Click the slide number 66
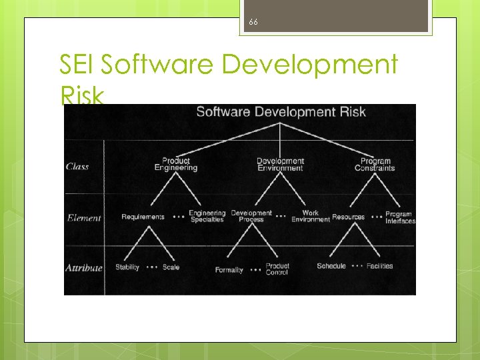pos(253,22)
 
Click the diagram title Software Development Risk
pos(281,111)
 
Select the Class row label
pos(77,167)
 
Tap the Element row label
pos(84,218)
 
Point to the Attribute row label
pos(84,268)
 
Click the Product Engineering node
pos(176,165)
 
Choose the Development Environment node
pos(281,165)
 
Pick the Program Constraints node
pos(375,165)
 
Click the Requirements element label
pos(143,217)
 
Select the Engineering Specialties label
pos(207,217)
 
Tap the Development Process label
pos(251,217)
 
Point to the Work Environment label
pos(311,217)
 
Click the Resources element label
pos(348,217)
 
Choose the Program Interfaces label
pos(399,218)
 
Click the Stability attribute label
pos(127,267)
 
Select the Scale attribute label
pos(171,267)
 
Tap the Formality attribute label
pos(229,270)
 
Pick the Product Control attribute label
pos(277,269)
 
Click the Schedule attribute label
pos(331,266)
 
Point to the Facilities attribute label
pos(380,266)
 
